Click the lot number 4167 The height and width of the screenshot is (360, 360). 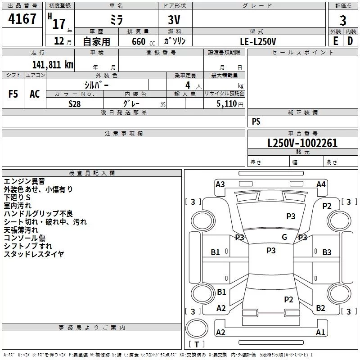coord(22,19)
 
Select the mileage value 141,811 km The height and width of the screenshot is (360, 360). coord(53,65)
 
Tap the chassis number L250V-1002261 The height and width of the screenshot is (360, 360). coord(302,143)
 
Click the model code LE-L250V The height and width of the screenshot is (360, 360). coord(258,41)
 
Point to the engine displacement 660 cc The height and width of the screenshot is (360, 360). coord(143,41)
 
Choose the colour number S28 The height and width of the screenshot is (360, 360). coord(75,104)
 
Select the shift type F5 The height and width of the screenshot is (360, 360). coord(13,94)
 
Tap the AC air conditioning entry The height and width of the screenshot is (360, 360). coord(35,94)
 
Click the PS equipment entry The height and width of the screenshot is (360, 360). coord(256,121)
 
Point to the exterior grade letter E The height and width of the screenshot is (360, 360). coord(336,41)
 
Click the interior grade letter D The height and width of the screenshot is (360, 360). coord(350,41)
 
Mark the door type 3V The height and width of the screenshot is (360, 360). coord(174,20)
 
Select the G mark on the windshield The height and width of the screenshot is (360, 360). coord(284,237)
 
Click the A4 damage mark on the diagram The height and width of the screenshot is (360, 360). coord(321,184)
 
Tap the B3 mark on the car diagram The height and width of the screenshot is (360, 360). coord(327,252)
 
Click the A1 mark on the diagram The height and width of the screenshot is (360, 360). coord(320,332)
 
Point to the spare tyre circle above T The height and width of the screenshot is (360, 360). coord(197,328)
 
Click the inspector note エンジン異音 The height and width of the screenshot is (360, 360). coord(24,181)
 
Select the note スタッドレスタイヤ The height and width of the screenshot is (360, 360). coord(34,254)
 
